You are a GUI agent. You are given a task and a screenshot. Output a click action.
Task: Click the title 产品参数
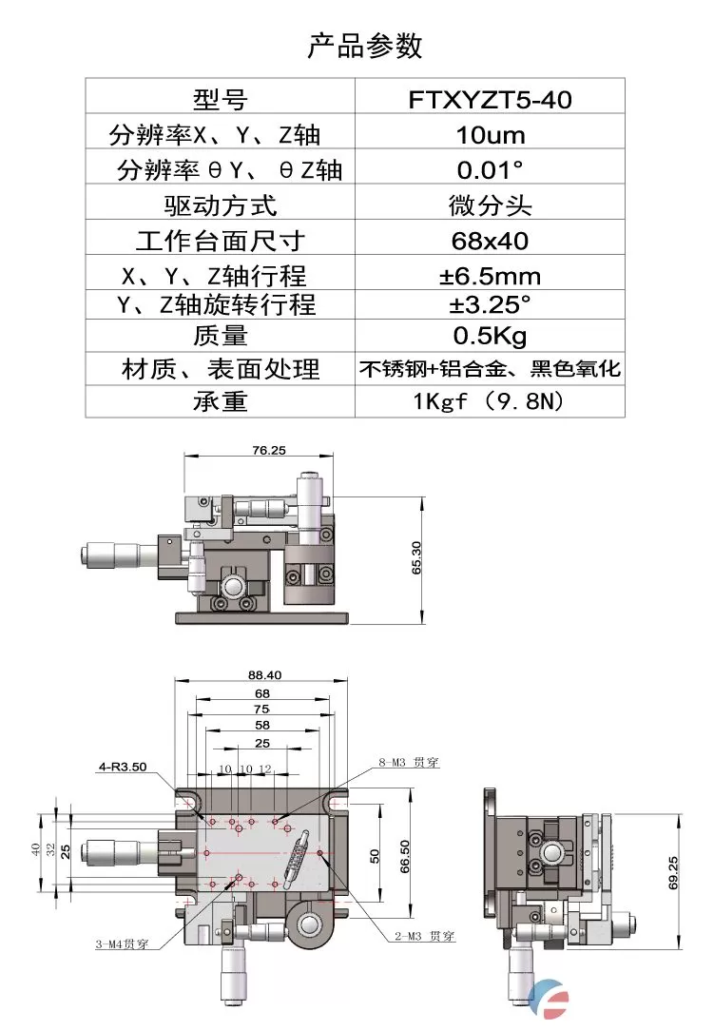coord(365,46)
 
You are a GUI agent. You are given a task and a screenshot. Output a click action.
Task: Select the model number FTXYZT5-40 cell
coord(490,99)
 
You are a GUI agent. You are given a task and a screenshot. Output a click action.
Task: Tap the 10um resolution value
coord(490,134)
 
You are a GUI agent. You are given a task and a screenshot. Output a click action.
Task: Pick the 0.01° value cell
coord(490,169)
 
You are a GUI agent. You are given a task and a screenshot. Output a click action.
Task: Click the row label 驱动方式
coord(221,204)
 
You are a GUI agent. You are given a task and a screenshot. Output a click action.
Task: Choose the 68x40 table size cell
coord(490,240)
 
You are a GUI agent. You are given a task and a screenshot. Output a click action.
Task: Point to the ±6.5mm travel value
coord(490,276)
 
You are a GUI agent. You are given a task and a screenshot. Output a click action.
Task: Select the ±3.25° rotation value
coord(490,305)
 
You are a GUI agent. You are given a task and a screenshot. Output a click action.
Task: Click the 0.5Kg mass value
coord(490,336)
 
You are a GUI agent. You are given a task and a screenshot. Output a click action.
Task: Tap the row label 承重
coord(221,401)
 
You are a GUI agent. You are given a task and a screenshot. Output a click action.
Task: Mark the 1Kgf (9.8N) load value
coord(490,401)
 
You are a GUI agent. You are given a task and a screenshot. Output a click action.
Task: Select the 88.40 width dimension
coord(265,674)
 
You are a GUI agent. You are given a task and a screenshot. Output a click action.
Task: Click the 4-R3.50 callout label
coord(124,765)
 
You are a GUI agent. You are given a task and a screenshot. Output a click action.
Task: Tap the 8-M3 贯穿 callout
coord(411,762)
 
